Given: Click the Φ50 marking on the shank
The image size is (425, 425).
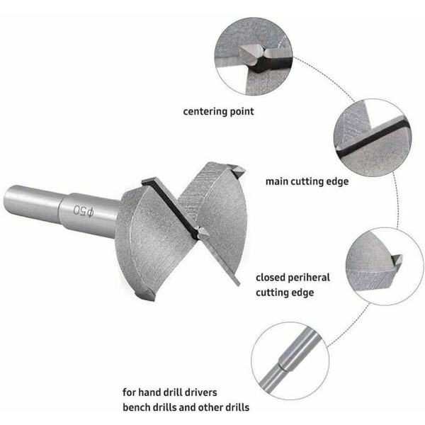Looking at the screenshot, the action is pyautogui.click(x=84, y=211).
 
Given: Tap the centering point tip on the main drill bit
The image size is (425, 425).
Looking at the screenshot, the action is pyautogui.click(x=203, y=233).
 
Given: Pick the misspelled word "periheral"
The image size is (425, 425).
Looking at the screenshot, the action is pyautogui.click(x=308, y=278).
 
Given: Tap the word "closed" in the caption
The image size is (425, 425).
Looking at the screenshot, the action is pyautogui.click(x=271, y=278).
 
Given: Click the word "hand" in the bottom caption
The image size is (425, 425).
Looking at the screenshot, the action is pyautogui.click(x=149, y=392).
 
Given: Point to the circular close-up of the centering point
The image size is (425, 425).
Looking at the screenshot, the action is pyautogui.click(x=254, y=57).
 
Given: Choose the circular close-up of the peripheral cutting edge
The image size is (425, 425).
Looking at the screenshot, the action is pyautogui.click(x=385, y=266).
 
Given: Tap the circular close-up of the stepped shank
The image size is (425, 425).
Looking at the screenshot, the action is pyautogui.click(x=290, y=361).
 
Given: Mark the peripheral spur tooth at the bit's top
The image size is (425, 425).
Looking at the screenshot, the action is pyautogui.click(x=237, y=171).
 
